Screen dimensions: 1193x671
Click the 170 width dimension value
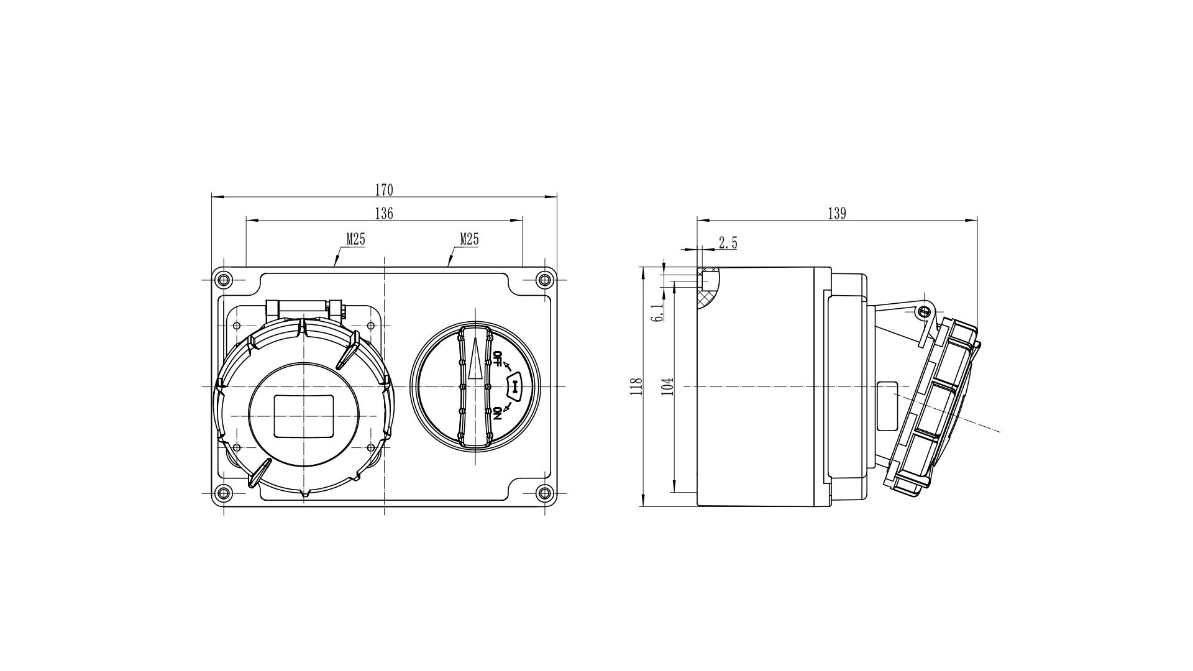pyautogui.click(x=384, y=189)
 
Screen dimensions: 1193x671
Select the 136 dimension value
pyautogui.click(x=384, y=213)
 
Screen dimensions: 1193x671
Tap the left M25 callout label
pyautogui.click(x=355, y=239)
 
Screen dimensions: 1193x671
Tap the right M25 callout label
pyautogui.click(x=469, y=239)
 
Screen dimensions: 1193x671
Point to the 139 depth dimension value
pyautogui.click(x=837, y=213)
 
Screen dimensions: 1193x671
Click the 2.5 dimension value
pyautogui.click(x=728, y=243)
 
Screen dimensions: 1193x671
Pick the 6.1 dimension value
pyautogui.click(x=658, y=312)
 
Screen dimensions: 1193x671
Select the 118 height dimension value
pyautogui.click(x=636, y=386)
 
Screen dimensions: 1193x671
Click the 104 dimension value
pyautogui.click(x=667, y=386)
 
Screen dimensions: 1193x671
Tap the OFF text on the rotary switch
pyautogui.click(x=497, y=360)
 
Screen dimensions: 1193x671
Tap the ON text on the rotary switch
pyautogui.click(x=497, y=414)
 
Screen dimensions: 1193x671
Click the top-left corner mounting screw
pyautogui.click(x=224, y=280)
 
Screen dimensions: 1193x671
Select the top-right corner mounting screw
pyautogui.click(x=545, y=280)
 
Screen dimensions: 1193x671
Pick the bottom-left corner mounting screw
pyautogui.click(x=224, y=493)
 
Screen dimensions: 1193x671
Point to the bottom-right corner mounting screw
pyautogui.click(x=545, y=493)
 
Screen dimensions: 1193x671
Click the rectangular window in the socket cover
pyautogui.click(x=304, y=415)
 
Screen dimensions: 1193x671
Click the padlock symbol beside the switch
pyautogui.click(x=516, y=386)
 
